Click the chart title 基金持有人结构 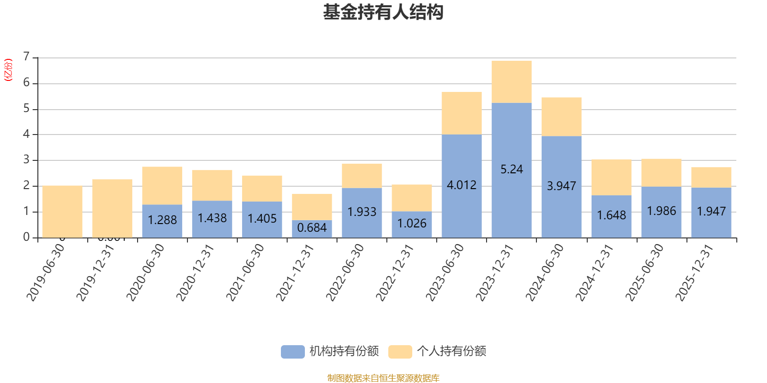coord(383,12)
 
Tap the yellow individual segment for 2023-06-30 coord(461,113)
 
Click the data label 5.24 coord(511,169)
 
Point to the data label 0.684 coord(312,228)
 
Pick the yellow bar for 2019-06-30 coord(62,211)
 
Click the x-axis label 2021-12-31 coord(295,272)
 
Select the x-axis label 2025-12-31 coord(695,272)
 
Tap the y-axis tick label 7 coord(26,57)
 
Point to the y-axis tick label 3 coord(26,160)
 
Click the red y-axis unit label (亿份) coord(8,70)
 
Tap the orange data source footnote coord(383,378)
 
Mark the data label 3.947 coord(561,186)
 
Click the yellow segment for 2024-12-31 coord(611,177)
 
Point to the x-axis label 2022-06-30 coord(345,272)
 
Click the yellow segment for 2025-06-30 coord(661,172)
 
